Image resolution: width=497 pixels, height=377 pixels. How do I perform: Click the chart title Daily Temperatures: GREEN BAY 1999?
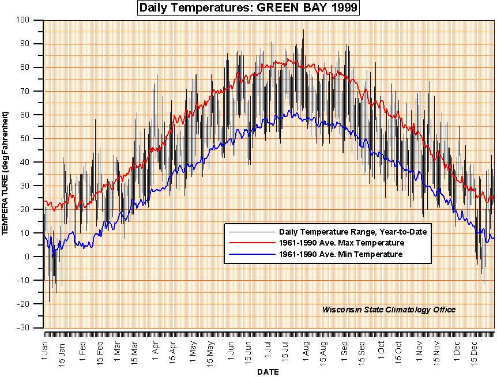(x=248, y=8)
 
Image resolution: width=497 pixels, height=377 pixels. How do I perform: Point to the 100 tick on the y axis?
(x=31, y=20)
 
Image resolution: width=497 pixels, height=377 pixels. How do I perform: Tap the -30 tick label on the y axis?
(x=29, y=327)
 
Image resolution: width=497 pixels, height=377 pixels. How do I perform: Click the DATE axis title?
(x=269, y=372)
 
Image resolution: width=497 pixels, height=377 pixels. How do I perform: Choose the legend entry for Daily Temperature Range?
(x=352, y=232)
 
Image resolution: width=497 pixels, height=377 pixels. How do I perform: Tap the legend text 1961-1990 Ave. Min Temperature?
(x=340, y=254)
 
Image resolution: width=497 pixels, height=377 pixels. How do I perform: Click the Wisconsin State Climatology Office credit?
(x=389, y=310)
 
